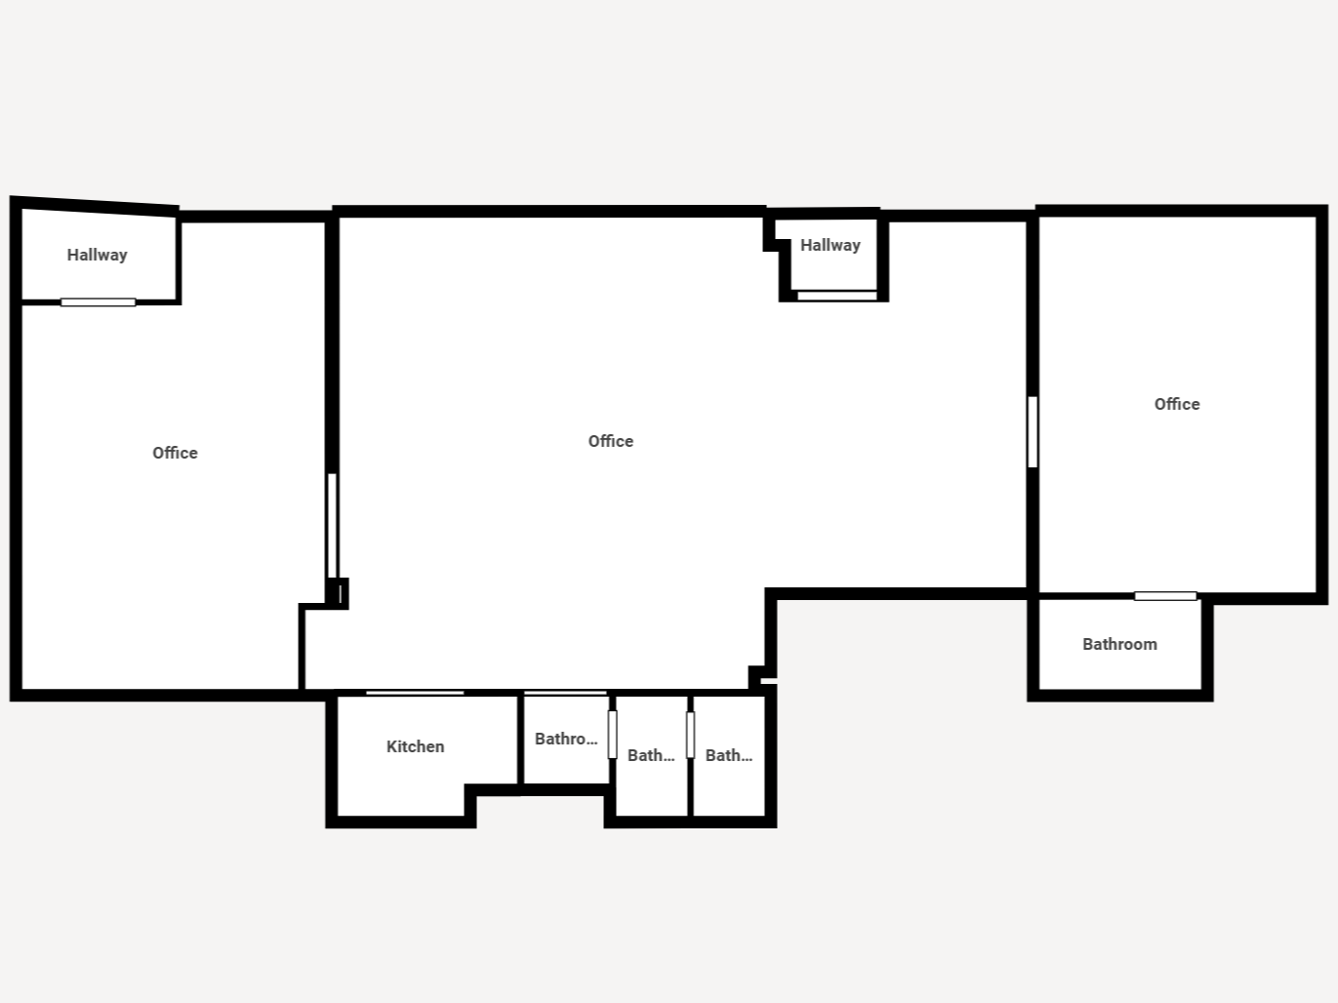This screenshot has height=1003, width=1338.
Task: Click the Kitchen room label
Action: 415,746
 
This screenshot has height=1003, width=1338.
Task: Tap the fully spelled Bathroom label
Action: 1119,644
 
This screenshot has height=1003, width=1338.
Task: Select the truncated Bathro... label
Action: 566,740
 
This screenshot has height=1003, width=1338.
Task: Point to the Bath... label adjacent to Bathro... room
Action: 651,755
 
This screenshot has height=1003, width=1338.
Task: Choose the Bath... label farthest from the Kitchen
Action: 729,755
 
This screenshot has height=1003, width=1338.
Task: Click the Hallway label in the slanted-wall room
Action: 97,255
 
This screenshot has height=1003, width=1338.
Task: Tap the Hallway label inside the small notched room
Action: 831,245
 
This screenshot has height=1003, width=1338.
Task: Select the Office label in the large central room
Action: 611,441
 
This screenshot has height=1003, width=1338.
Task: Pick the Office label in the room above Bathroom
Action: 1177,404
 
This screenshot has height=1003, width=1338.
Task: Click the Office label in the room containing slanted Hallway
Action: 175,453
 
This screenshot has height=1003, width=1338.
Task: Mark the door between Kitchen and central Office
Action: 415,693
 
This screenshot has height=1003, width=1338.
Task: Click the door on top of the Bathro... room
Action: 566,693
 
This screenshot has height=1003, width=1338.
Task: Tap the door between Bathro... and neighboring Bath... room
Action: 613,735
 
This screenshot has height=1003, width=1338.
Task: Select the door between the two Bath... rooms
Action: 691,735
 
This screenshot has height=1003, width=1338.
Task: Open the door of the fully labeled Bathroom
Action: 1165,596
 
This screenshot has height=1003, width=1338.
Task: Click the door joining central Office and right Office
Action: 1033,432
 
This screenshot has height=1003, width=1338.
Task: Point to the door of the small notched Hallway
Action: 837,296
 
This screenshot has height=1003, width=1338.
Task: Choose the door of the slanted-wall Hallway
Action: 99,302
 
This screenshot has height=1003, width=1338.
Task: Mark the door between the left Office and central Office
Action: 332,525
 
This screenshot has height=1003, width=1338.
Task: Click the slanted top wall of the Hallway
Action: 95,206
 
